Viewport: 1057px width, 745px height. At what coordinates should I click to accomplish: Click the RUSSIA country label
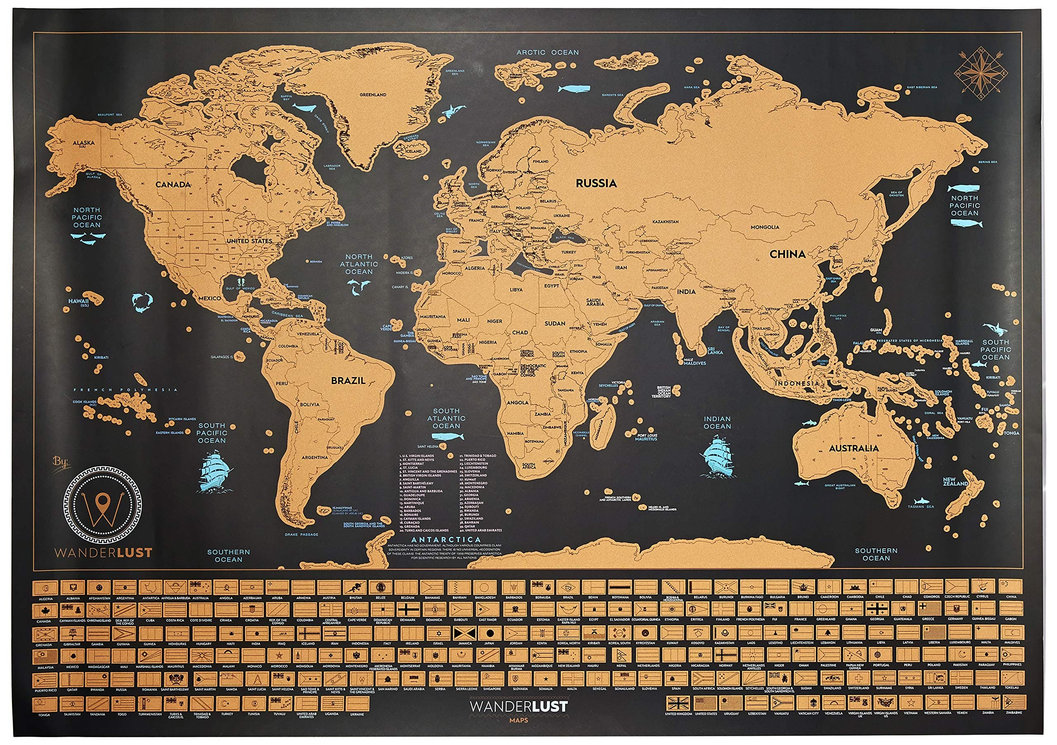pos(596,183)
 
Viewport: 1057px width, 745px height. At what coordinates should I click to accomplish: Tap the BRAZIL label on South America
pos(348,381)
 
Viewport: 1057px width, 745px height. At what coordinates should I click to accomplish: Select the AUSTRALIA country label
pos(854,448)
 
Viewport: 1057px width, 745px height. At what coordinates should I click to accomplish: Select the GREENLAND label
pos(373,95)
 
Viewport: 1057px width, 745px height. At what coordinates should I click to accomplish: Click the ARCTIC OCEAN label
pos(547,52)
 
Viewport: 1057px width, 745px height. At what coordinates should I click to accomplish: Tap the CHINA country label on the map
pos(788,254)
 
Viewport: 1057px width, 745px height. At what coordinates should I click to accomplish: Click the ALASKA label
pos(84,143)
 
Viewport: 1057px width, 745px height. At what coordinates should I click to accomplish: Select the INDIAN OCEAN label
pos(717,422)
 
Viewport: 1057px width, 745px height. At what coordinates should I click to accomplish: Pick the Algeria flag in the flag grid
pos(45,588)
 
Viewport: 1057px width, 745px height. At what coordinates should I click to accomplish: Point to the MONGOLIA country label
pos(765,227)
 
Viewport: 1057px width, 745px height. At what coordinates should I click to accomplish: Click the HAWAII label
pos(79,301)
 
